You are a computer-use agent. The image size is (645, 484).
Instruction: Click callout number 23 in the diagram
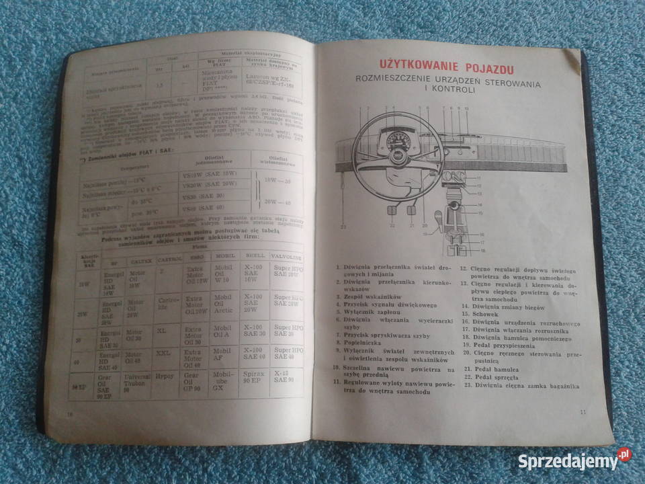343,227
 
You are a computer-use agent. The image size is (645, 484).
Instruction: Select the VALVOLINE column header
288,257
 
